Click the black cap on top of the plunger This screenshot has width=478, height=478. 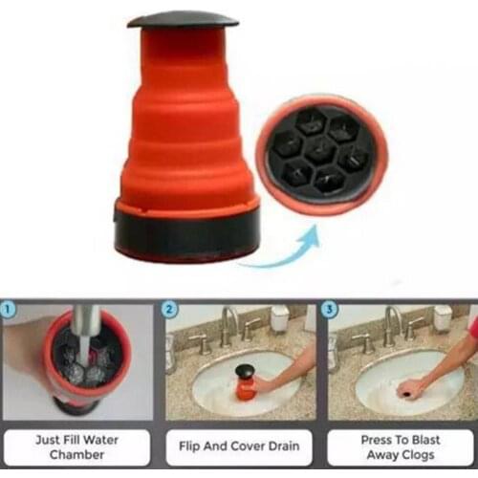coord(183,20)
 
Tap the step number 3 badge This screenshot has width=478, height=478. coord(329,310)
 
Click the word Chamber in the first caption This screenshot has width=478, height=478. coord(76,456)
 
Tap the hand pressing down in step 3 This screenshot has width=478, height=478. coord(413,388)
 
